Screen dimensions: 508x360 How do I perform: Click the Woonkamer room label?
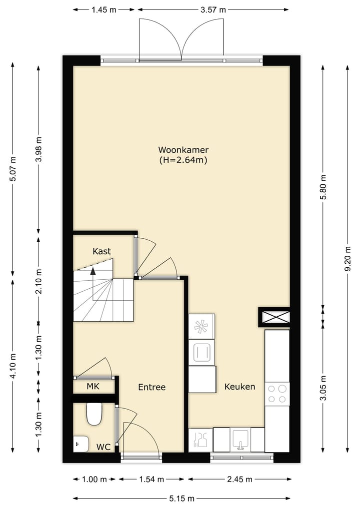(183, 150)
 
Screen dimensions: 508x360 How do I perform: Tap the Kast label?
(101, 251)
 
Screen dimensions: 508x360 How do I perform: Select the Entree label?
(151, 387)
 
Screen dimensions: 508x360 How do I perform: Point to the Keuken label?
(239, 387)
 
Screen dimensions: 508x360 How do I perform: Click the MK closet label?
(92, 386)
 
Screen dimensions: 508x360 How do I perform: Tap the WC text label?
(103, 447)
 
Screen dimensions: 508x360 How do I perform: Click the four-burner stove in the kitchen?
(277, 393)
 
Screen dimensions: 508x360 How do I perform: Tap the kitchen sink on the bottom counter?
(240, 440)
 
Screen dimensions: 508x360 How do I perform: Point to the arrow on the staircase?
(92, 272)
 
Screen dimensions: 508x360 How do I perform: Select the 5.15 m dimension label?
(181, 499)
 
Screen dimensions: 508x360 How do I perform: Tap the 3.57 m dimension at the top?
(213, 9)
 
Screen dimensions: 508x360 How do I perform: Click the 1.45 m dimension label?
(104, 9)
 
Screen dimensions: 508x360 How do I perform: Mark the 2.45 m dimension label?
(237, 480)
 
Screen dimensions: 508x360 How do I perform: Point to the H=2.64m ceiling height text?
(183, 160)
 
